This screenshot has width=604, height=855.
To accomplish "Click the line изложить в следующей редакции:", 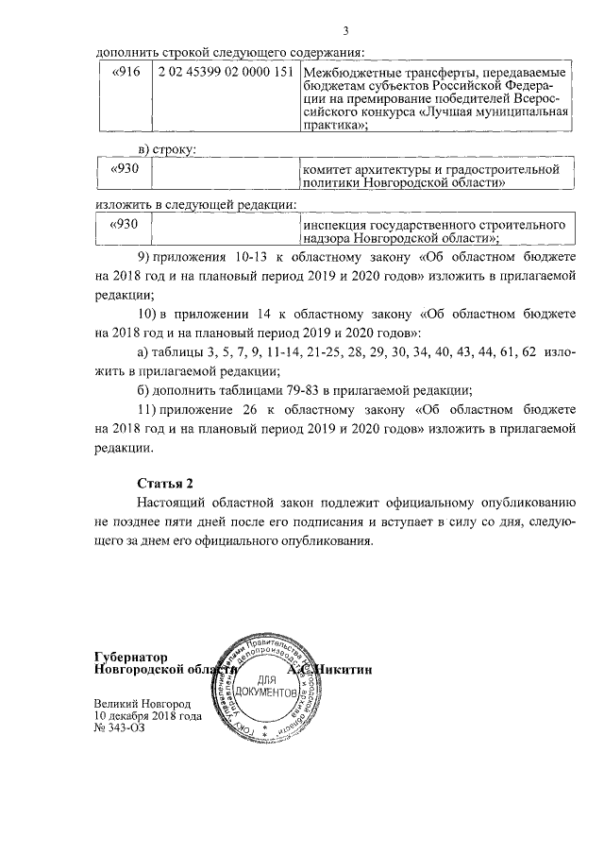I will point(196,204).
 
